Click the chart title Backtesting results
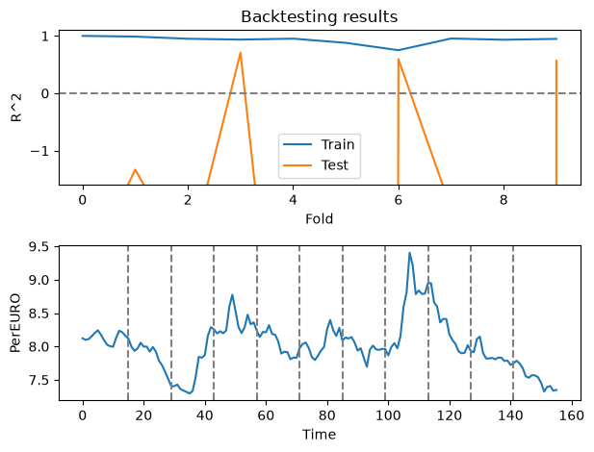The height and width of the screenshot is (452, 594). [x=320, y=16]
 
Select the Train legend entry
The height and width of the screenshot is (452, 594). [x=319, y=144]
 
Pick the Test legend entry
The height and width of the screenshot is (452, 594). [x=316, y=165]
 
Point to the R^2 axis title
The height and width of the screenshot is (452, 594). [x=16, y=108]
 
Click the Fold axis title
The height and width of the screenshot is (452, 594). [x=320, y=219]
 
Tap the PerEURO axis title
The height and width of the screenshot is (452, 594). [x=15, y=323]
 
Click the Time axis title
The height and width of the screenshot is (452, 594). [x=319, y=434]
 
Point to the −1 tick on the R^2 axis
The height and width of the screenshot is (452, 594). [x=40, y=151]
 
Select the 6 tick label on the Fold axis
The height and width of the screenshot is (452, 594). [x=399, y=200]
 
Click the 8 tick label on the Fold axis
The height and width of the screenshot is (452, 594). [x=504, y=200]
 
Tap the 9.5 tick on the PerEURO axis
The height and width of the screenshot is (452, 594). [x=39, y=247]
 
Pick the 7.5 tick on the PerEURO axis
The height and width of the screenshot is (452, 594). [x=39, y=381]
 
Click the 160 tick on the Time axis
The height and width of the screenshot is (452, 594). [x=571, y=415]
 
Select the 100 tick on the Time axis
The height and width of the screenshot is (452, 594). [x=388, y=415]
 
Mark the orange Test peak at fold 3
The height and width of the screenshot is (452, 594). [x=240, y=53]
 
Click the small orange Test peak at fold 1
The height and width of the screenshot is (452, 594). [x=135, y=169]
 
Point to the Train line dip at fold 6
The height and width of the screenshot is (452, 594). [x=399, y=50]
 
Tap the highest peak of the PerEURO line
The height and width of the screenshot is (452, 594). [x=409, y=253]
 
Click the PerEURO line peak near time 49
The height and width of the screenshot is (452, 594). [x=232, y=294]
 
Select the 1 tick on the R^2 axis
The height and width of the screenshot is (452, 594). [x=45, y=37]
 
